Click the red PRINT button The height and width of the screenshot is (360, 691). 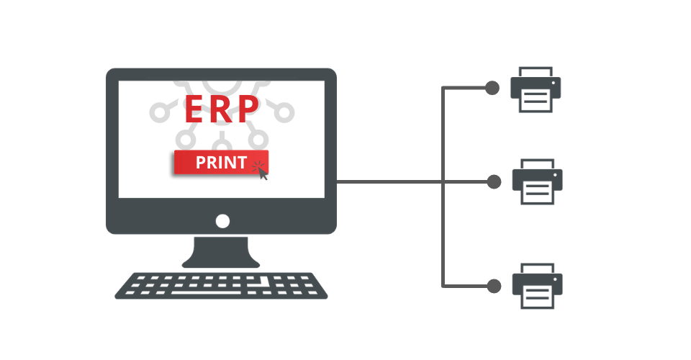(221, 162)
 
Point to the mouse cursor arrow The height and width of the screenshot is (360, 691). (263, 174)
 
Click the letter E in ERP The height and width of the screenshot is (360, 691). (194, 109)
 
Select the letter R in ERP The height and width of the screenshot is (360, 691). (220, 109)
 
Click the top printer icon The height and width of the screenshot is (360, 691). (536, 89)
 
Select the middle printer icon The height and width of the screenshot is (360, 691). (537, 181)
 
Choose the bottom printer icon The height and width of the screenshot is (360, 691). (537, 286)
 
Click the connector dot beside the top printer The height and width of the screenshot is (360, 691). (492, 88)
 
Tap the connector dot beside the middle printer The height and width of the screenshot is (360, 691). (494, 181)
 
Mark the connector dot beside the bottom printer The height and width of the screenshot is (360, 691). (494, 286)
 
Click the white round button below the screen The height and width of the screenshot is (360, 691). (222, 221)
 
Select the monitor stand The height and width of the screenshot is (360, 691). (221, 252)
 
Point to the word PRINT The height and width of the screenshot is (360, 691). (221, 163)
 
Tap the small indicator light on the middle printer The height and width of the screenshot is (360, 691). (555, 175)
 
